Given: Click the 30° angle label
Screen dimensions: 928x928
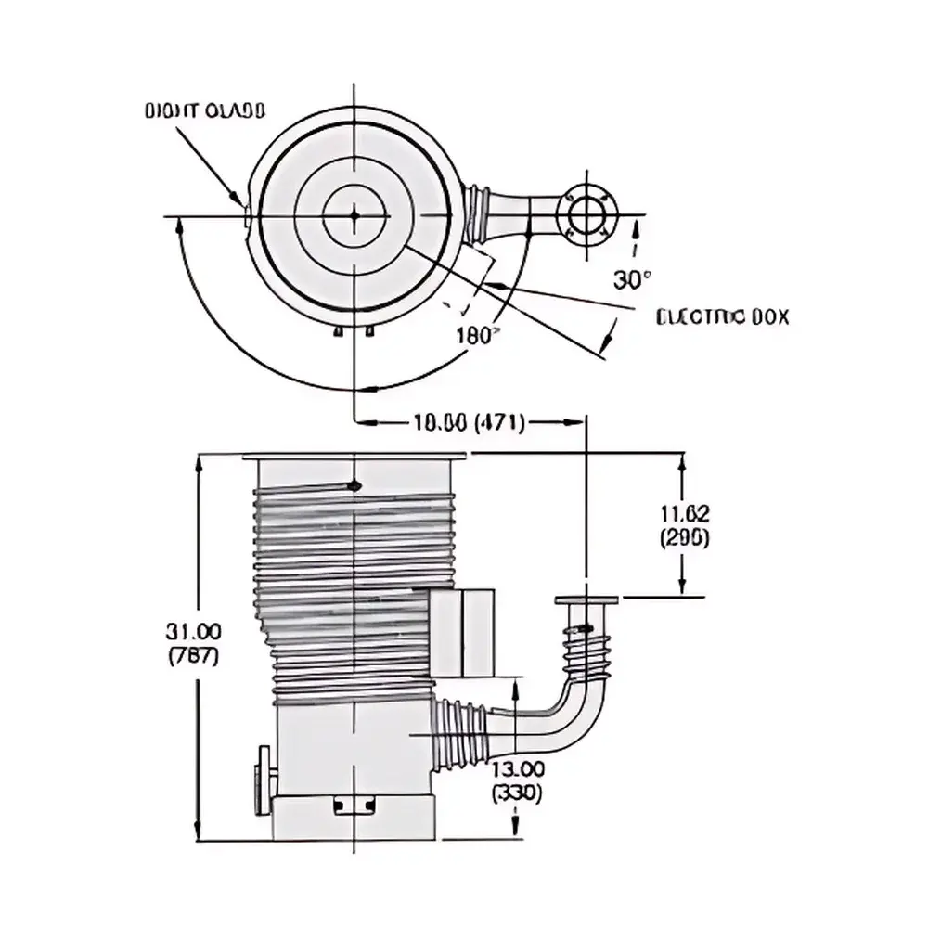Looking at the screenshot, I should (633, 279).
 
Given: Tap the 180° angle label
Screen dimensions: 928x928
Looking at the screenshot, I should (479, 336).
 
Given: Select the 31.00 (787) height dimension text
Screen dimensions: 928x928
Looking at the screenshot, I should (193, 643).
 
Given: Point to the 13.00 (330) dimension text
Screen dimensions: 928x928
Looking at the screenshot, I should (518, 781).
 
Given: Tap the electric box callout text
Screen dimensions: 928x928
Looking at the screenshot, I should (722, 317).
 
